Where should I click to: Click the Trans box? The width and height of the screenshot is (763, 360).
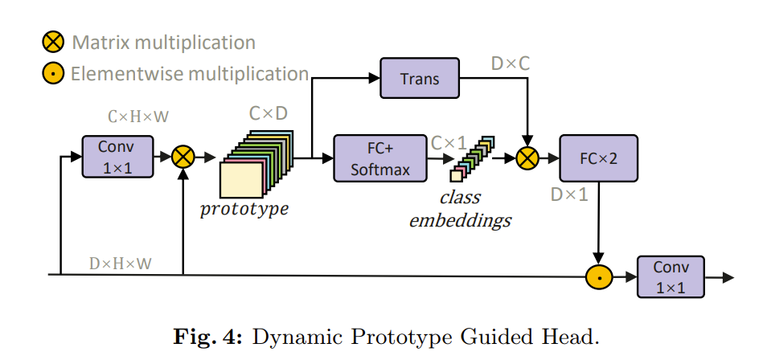[420, 78]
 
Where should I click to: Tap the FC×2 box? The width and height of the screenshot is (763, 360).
[597, 158]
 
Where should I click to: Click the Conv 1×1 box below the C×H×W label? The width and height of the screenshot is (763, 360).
[117, 157]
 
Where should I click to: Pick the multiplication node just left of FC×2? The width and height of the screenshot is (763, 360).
[527, 158]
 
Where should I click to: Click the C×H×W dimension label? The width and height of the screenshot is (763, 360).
[138, 117]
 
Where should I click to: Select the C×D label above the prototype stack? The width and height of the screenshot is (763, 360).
[268, 114]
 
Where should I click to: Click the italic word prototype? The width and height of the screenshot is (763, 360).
[244, 210]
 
